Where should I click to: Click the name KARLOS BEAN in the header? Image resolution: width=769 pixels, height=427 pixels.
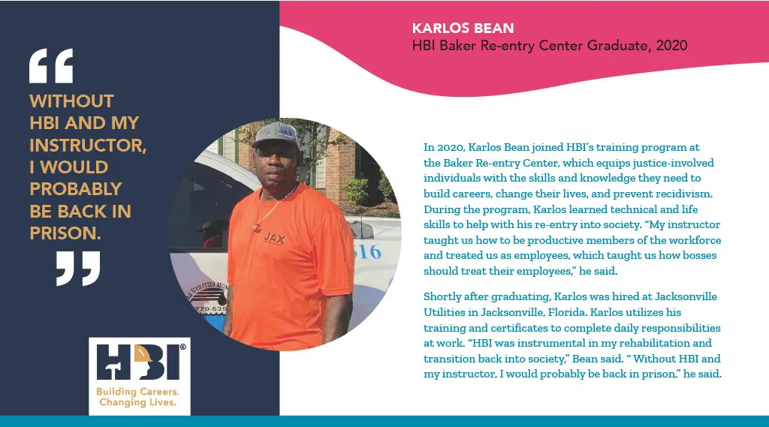pyautogui.click(x=463, y=28)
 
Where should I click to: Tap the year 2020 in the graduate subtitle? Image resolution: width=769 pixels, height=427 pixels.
pyautogui.click(x=671, y=46)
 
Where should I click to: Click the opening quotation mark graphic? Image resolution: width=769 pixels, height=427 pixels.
pyautogui.click(x=51, y=66)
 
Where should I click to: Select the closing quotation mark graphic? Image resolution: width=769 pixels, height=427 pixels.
pyautogui.click(x=78, y=269)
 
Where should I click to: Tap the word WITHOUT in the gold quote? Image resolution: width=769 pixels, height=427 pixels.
pyautogui.click(x=71, y=101)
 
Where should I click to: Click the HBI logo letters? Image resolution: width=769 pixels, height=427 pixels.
pyautogui.click(x=139, y=362)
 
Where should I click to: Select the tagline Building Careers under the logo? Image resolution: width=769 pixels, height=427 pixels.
pyautogui.click(x=137, y=391)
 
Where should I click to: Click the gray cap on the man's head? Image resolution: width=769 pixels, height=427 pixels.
pyautogui.click(x=276, y=134)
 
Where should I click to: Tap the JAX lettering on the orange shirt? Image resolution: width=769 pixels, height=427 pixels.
pyautogui.click(x=275, y=238)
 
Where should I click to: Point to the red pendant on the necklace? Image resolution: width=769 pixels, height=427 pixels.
pyautogui.click(x=257, y=227)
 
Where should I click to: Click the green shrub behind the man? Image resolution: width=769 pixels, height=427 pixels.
pyautogui.click(x=357, y=191)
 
